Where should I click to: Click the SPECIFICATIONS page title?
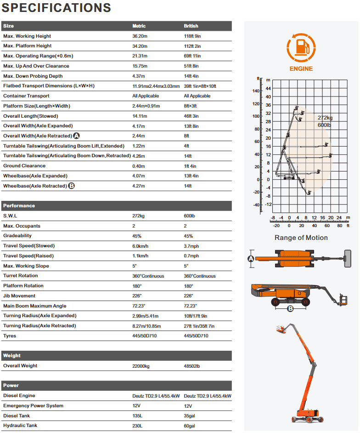point(56,8)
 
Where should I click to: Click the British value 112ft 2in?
point(192,46)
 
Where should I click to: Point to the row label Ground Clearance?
point(24,166)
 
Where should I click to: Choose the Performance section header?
point(19,205)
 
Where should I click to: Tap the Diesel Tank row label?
point(17,416)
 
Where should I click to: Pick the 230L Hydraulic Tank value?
point(137,426)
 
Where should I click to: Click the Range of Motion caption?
point(301,238)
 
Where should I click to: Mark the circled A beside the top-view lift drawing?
point(251,259)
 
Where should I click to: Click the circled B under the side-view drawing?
point(290,308)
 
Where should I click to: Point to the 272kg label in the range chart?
point(325,118)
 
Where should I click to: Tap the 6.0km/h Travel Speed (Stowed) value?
point(140,246)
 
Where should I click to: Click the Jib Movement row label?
point(19,296)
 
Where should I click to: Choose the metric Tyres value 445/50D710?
point(144,336)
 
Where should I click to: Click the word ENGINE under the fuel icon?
point(301,69)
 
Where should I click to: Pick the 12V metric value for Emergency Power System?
point(136,406)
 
